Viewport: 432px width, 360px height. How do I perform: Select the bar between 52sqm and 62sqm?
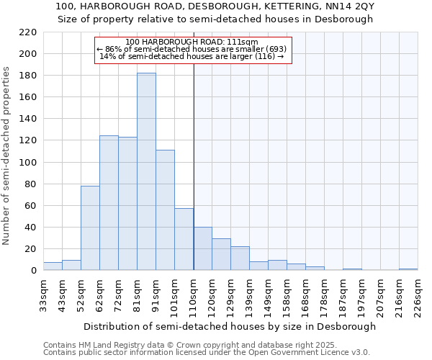tap(90, 228)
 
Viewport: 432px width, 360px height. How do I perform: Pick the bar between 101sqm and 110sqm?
tap(184, 239)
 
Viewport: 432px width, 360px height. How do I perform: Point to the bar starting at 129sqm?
tap(240, 258)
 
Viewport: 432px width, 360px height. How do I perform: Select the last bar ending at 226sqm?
tap(408, 269)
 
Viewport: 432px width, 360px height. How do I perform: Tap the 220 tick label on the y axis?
tap(29, 32)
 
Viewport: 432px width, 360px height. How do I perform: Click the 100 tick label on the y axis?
tap(29, 162)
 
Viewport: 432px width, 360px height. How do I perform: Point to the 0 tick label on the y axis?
tap(33, 271)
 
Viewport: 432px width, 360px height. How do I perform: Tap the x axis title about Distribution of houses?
tap(230, 326)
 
